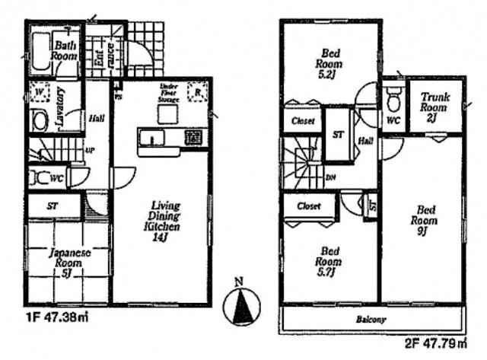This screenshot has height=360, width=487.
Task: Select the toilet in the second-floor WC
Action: pos(393,99)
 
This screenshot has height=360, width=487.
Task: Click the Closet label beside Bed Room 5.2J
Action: pos(301,120)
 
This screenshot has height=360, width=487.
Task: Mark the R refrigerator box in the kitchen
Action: pos(197,92)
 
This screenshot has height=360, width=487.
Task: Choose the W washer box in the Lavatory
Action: pos(40,94)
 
